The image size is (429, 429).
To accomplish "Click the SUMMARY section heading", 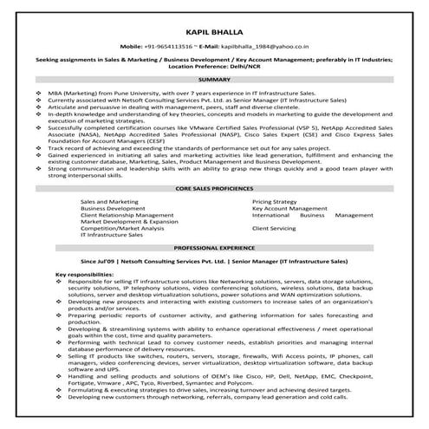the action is (x=214, y=78).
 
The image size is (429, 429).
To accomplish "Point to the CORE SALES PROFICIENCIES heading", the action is (x=214, y=187).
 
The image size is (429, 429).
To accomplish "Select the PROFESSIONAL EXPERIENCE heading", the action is (x=214, y=247).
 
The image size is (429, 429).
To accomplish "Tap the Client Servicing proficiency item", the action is (x=274, y=228).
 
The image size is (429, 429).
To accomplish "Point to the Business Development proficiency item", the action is (x=112, y=206).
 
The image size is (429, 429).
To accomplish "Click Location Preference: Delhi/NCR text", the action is (x=214, y=66).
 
